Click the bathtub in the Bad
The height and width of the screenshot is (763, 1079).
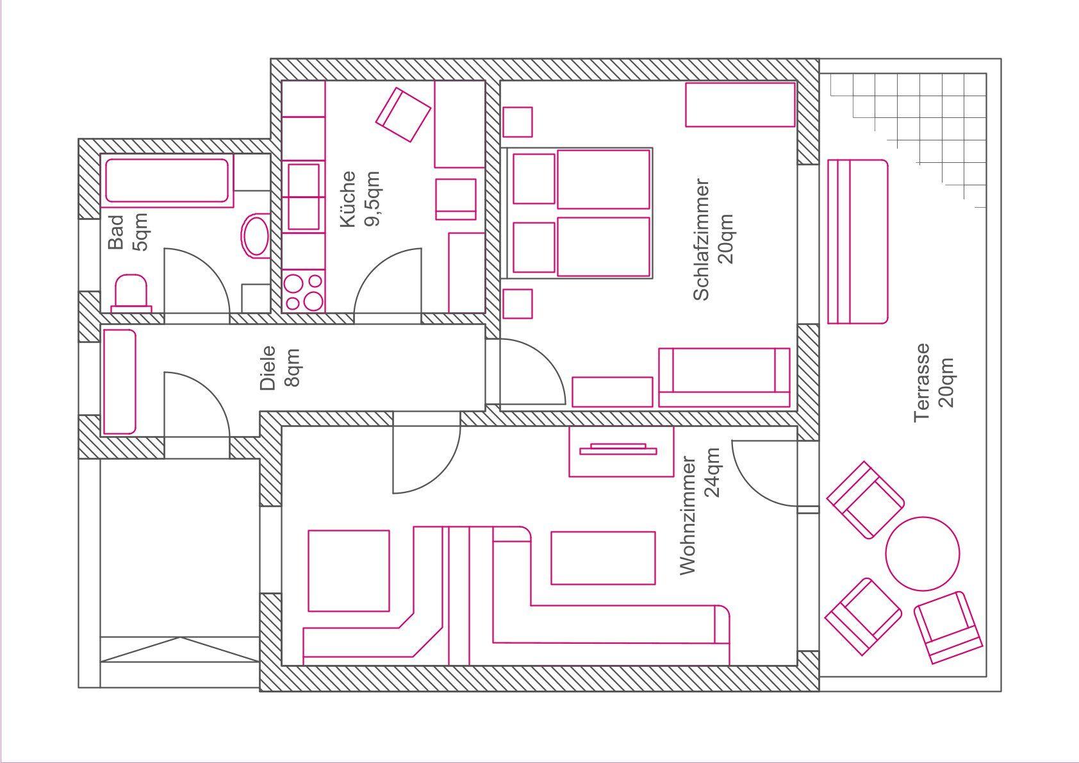[x=167, y=180]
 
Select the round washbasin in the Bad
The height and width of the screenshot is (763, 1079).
[x=255, y=236]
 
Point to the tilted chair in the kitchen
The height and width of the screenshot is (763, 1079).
[x=403, y=114]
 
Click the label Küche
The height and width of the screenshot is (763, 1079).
[x=348, y=199]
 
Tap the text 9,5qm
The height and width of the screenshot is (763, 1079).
[x=372, y=198]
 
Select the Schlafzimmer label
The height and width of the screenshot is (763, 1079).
[x=702, y=240]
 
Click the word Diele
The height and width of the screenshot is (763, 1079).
[x=267, y=367]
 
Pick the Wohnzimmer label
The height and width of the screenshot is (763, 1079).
[x=688, y=516]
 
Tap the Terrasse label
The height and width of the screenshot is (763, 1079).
[x=921, y=383]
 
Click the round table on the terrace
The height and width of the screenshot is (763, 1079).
[x=923, y=553]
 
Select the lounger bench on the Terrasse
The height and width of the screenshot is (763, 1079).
[x=857, y=242]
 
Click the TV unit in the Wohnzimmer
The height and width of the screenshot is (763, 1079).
[x=621, y=451]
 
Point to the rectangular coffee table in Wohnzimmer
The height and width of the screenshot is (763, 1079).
[x=603, y=558]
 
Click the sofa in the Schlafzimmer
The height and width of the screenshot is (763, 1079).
[x=724, y=378]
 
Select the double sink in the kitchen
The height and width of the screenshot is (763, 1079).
[x=304, y=197]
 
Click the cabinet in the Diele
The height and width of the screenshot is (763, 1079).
[x=119, y=382]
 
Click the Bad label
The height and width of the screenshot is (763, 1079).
[x=116, y=232]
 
